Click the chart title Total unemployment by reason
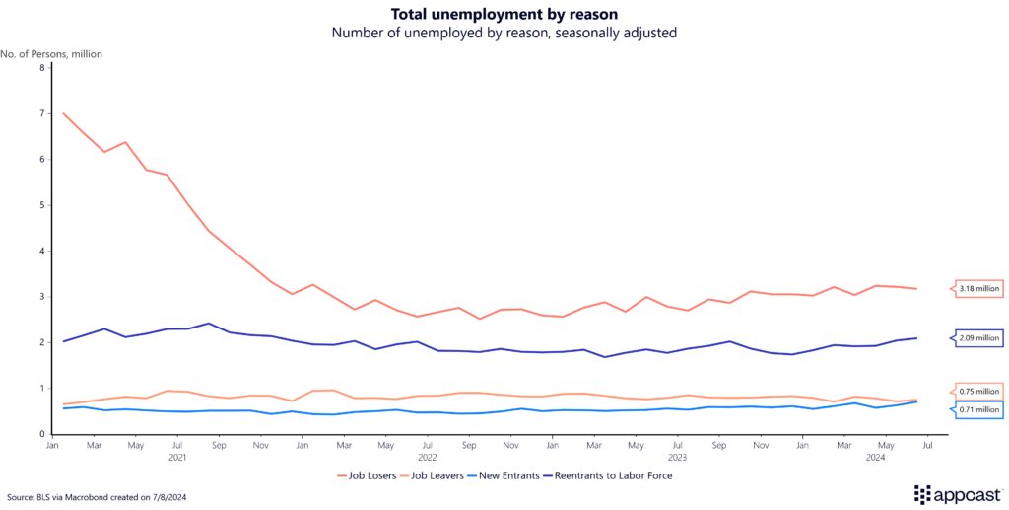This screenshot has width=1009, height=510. [504, 14]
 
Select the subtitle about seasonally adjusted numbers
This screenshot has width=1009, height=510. [504, 33]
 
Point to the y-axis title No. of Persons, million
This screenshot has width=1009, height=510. [51, 53]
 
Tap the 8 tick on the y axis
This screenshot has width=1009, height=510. [42, 68]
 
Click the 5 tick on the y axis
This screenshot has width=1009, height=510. [42, 205]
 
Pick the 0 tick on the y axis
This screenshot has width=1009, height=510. [42, 434]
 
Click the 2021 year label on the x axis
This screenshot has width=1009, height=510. [177, 458]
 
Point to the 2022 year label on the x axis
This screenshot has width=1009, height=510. [428, 458]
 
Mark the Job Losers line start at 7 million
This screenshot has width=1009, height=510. [64, 113]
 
